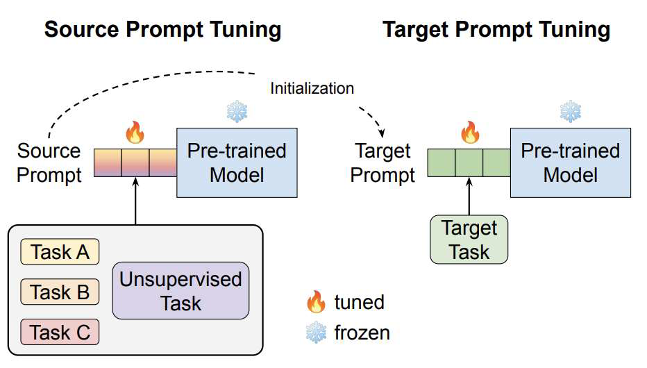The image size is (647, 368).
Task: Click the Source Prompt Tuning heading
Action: pyautogui.click(x=162, y=29)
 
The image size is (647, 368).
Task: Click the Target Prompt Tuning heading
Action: pyautogui.click(x=496, y=29)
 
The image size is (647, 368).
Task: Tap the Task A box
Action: pyautogui.click(x=60, y=252)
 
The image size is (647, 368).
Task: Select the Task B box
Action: pyautogui.click(x=60, y=292)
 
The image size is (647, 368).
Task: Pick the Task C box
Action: pyautogui.click(x=60, y=332)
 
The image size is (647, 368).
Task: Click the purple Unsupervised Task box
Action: pyautogui.click(x=180, y=290)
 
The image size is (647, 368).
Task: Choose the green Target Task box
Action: pyautogui.click(x=469, y=240)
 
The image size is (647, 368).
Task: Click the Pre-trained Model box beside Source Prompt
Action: pyautogui.click(x=237, y=162)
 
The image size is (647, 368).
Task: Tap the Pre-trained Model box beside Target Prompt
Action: pyautogui.click(x=570, y=162)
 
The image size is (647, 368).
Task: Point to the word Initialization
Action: pyautogui.click(x=312, y=88)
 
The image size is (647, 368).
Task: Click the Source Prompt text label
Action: pyautogui.click(x=49, y=162)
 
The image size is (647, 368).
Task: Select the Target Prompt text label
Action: pyautogui.click(x=383, y=162)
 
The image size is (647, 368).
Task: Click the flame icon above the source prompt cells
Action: pyautogui.click(x=135, y=131)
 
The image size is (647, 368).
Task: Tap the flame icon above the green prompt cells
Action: pyautogui.click(x=469, y=131)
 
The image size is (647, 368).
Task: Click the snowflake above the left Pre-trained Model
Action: pyautogui.click(x=237, y=111)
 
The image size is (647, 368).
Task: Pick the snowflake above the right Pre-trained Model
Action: pyautogui.click(x=570, y=111)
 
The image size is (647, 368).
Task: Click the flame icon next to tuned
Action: pyautogui.click(x=316, y=301)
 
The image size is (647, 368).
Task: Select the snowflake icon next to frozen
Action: pyautogui.click(x=316, y=333)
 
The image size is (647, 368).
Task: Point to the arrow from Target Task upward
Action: pyautogui.click(x=469, y=196)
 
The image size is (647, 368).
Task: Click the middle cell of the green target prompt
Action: pyautogui.click(x=469, y=162)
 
